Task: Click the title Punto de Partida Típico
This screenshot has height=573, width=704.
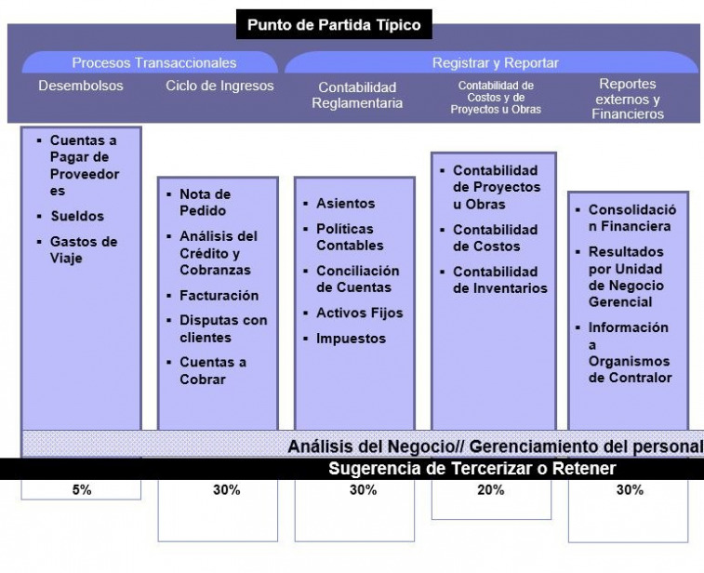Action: [334, 24]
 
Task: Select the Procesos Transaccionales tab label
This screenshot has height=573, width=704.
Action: [154, 63]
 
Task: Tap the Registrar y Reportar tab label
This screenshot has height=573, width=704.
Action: [496, 63]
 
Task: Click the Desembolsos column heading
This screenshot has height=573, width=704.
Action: [81, 86]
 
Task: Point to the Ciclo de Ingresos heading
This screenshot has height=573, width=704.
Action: [219, 86]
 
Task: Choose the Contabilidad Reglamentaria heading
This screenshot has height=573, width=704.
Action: [357, 95]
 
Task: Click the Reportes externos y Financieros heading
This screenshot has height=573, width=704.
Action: [628, 99]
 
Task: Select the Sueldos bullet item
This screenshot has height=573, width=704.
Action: [77, 216]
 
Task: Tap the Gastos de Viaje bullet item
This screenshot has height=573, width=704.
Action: [84, 249]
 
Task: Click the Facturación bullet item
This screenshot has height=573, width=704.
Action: [219, 296]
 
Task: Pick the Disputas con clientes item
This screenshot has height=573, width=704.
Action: [223, 328]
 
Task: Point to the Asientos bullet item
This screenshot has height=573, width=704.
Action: [345, 204]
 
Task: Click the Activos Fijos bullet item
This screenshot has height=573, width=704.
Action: [360, 313]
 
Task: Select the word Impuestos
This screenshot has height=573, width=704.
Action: [352, 339]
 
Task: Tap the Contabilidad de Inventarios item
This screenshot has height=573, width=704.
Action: [500, 280]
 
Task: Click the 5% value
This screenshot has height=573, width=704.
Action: [82, 489]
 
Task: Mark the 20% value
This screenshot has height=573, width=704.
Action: [491, 489]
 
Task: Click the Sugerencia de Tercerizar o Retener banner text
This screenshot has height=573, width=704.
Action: [472, 469]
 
